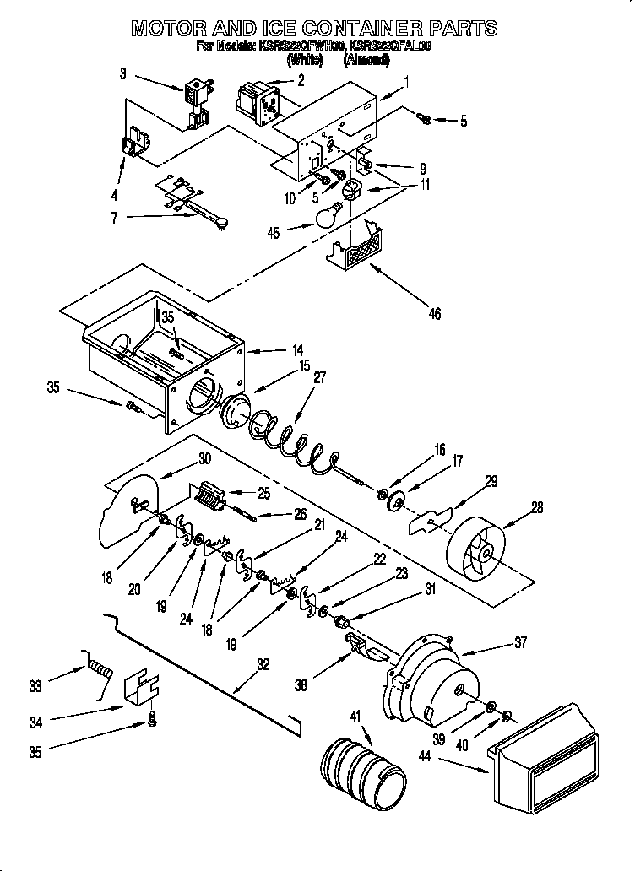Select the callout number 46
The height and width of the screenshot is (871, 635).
coord(435,314)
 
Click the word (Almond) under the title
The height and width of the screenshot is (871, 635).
coord(366,60)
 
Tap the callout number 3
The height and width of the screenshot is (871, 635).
coord(122,74)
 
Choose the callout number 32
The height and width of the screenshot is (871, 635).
coord(263,664)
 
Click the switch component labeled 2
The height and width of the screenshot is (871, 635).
coord(257,100)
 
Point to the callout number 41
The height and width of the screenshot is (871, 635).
coord(355,717)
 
